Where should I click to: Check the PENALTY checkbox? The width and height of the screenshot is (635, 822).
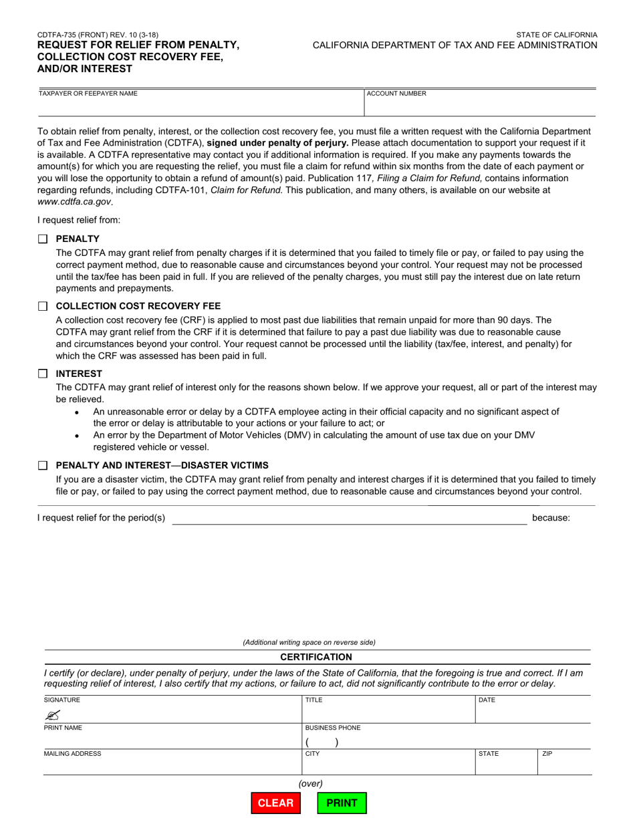click(43, 239)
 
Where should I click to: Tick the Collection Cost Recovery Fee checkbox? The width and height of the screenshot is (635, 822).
click(43, 306)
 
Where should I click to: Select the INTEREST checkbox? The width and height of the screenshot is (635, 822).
click(43, 374)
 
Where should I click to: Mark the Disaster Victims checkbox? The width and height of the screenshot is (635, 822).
click(43, 465)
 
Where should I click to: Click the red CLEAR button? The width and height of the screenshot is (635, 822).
click(275, 803)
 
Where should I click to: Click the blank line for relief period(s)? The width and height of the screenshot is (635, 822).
click(349, 519)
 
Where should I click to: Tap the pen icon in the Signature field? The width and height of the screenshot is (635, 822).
click(53, 715)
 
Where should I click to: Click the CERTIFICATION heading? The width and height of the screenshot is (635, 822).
click(316, 657)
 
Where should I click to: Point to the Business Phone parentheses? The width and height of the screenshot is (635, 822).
click(322, 742)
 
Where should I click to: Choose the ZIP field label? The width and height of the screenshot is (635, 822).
click(547, 754)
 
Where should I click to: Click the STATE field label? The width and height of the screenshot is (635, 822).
click(488, 754)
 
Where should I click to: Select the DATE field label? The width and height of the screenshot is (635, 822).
click(487, 700)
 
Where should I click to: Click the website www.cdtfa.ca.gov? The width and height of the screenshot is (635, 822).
click(74, 201)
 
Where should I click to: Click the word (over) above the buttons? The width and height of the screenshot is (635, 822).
click(310, 783)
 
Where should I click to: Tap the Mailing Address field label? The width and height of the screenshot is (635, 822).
click(72, 754)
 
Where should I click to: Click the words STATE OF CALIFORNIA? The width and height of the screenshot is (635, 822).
click(556, 34)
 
